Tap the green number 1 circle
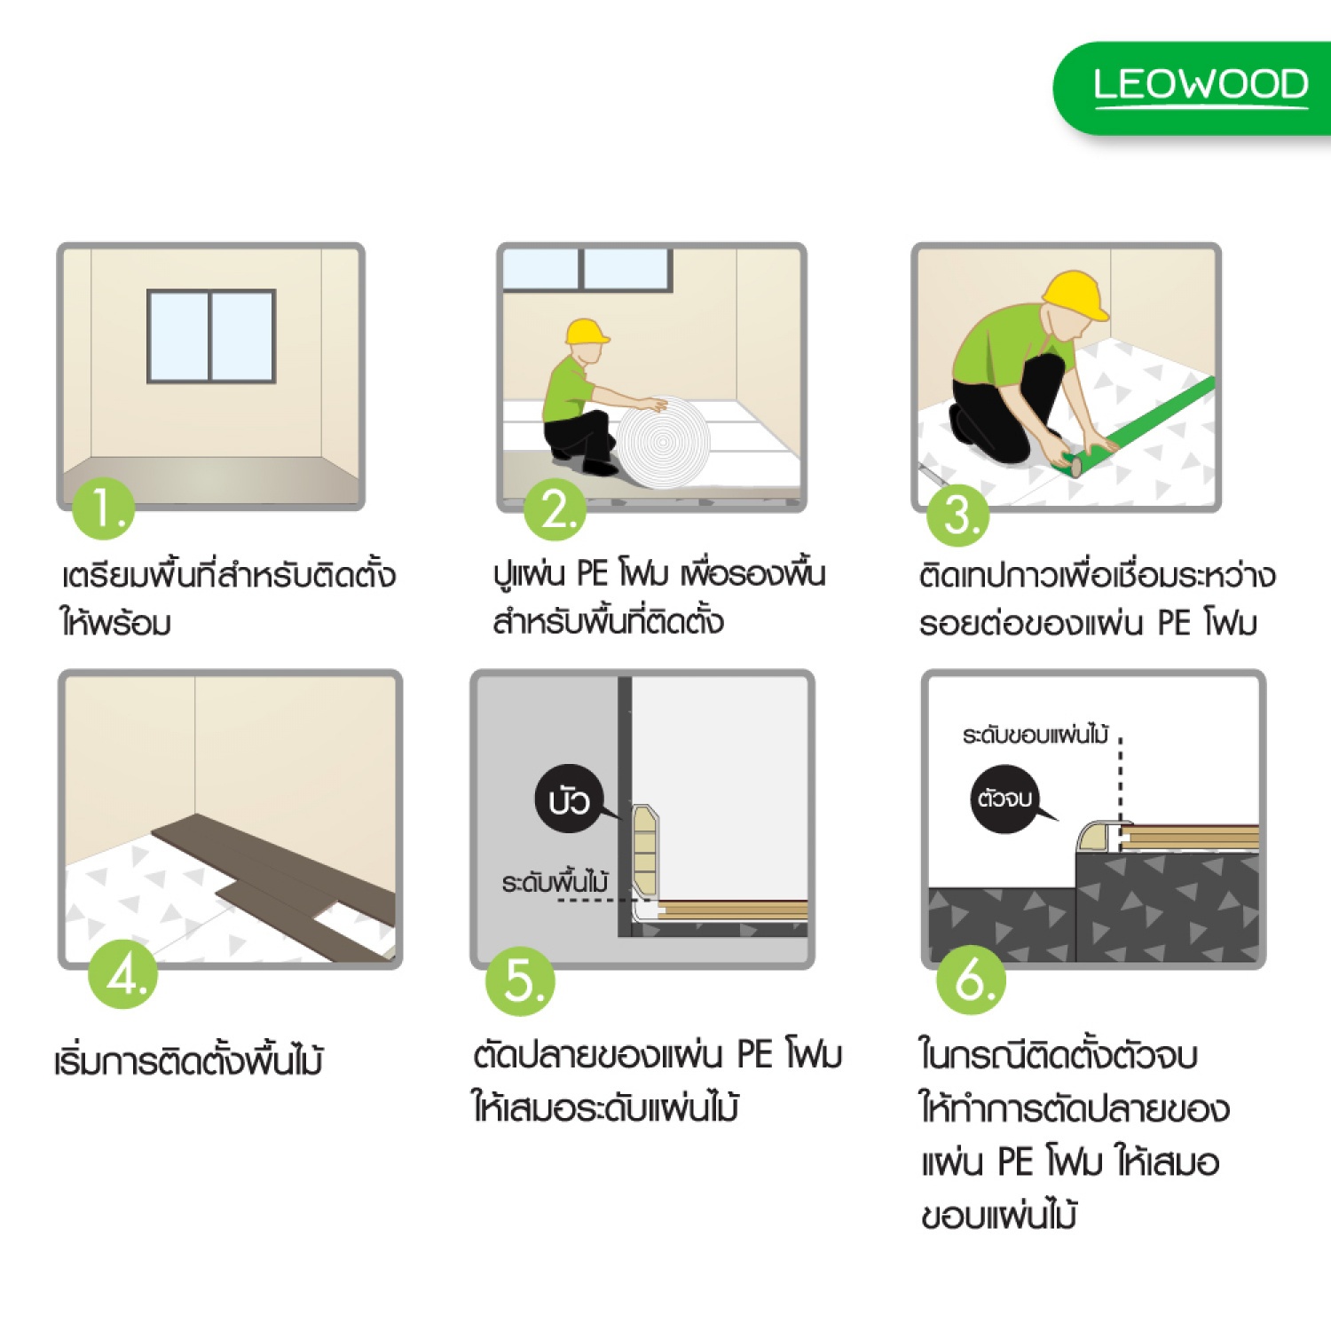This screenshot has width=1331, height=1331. pos(104,509)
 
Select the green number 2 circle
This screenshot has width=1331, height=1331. pos(555,509)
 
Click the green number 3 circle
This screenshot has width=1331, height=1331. pos(958,515)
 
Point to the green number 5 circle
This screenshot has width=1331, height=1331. pos(520,981)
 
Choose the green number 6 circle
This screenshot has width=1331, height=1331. pos(972,981)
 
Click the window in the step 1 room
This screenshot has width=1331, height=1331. pos(211,336)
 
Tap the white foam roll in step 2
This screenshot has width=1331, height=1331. pos(665,442)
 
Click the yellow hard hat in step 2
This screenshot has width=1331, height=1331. pos(587,331)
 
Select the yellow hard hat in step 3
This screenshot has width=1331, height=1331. pos(1075,295)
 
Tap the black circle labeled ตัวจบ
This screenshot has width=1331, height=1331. pos(1006,798)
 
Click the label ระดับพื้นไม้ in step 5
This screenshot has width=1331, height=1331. pos(555,883)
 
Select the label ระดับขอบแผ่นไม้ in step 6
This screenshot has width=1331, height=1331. pos(1035,735)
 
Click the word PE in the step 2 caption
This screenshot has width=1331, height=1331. pos(592,573)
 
